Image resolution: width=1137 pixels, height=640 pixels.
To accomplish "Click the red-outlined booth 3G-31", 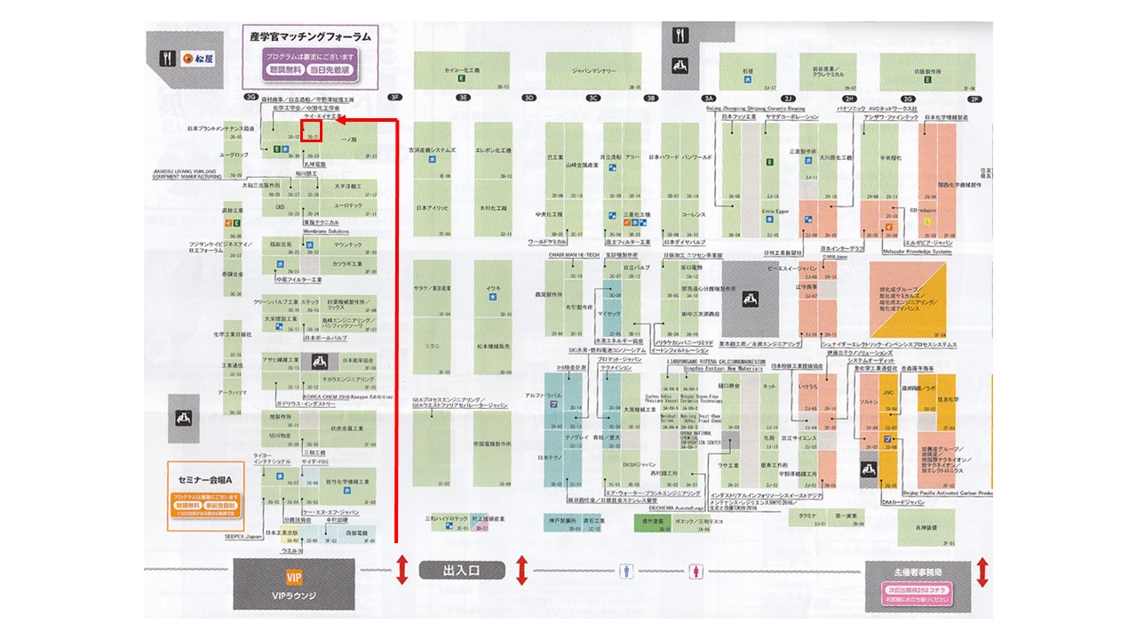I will (x=312, y=132).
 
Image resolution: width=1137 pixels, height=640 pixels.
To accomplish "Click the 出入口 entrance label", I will (x=461, y=572).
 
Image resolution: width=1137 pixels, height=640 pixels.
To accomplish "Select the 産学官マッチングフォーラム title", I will (x=311, y=36).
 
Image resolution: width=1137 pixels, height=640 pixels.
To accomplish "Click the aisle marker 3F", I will (x=394, y=97).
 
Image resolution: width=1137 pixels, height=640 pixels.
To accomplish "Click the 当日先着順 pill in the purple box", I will (x=330, y=69).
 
